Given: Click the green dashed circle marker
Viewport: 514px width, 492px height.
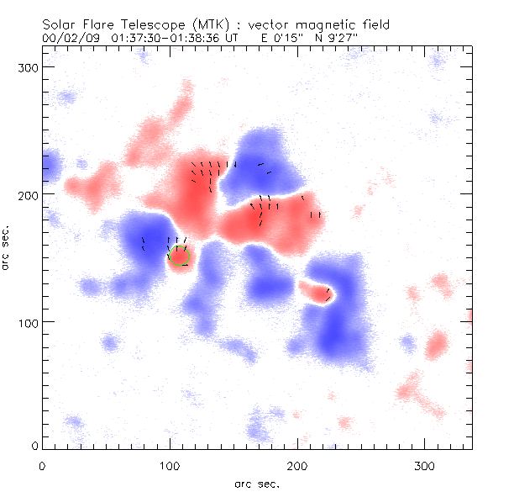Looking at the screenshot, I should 181,255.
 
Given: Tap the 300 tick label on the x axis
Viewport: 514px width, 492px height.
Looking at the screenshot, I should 425,465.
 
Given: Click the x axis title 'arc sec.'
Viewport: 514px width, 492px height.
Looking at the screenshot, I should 256,483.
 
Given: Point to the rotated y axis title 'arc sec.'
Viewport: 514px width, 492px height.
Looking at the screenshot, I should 8,248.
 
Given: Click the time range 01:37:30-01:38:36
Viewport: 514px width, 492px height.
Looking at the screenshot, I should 163,39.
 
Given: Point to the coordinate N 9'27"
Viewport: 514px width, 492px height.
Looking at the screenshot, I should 338,39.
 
